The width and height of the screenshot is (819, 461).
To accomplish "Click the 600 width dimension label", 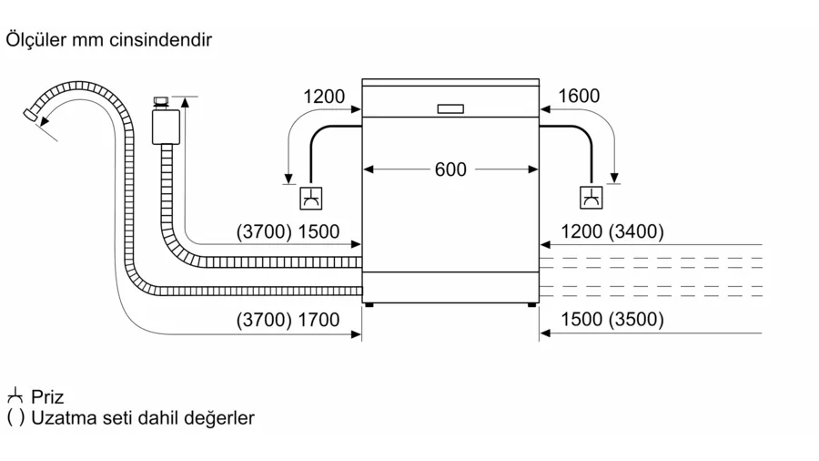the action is tap(450, 169).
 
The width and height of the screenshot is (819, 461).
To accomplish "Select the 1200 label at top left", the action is tap(324, 97).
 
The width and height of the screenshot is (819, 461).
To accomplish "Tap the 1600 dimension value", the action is tap(579, 96).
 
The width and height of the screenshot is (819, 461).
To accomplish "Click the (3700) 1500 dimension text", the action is tap(288, 231).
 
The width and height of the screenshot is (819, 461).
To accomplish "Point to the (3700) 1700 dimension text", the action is tap(288, 320).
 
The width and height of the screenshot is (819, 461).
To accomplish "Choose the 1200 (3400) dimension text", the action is tap(612, 231).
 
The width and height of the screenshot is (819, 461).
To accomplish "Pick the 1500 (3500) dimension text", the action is tap(612, 319).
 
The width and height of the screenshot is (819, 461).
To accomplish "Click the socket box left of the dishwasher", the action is tap(311, 198).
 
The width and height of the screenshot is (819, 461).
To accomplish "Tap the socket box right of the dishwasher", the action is tap(591, 198).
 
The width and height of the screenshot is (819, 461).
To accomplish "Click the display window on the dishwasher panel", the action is tap(450, 108).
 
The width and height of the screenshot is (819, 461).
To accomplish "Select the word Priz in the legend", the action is tap(47, 396).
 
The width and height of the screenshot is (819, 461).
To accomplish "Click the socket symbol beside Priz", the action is tap(15, 395).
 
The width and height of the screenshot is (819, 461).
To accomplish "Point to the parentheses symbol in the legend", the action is tap(15, 417).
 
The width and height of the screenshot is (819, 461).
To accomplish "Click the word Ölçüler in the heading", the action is tap(36, 40).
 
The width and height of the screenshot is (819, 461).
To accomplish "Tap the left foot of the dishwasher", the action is tap(369, 304).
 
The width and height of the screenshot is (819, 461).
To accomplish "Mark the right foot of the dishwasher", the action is tap(531, 304).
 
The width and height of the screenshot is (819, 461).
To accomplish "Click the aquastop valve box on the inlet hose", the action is tap(167, 127).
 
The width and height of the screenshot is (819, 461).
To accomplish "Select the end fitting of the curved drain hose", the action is tap(31, 115).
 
